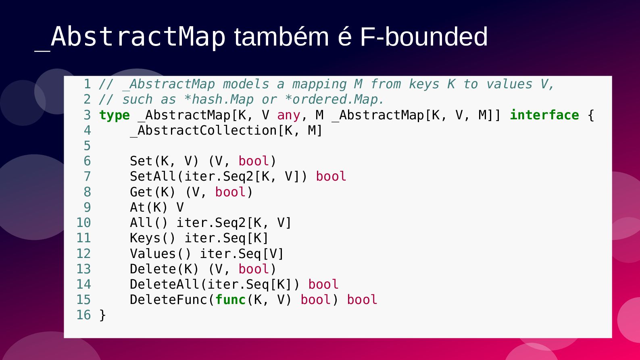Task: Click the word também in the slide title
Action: pyautogui.click(x=282, y=37)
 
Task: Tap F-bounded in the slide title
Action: pyautogui.click(x=423, y=37)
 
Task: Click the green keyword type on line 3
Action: pyautogui.click(x=114, y=115)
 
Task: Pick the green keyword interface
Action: pyautogui.click(x=544, y=115)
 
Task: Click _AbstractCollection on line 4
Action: pyautogui.click(x=203, y=131)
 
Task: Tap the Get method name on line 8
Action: pyautogui.click(x=141, y=192)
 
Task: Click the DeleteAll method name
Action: pyautogui.click(x=164, y=284)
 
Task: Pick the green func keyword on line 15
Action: pyautogui.click(x=230, y=300)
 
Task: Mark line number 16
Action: pyautogui.click(x=83, y=315)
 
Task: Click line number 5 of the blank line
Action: pyautogui.click(x=87, y=146)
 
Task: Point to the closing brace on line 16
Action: pyautogui.click(x=102, y=316)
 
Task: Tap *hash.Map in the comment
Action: pyautogui.click(x=219, y=100)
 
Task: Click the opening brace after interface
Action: pyautogui.click(x=591, y=116)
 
